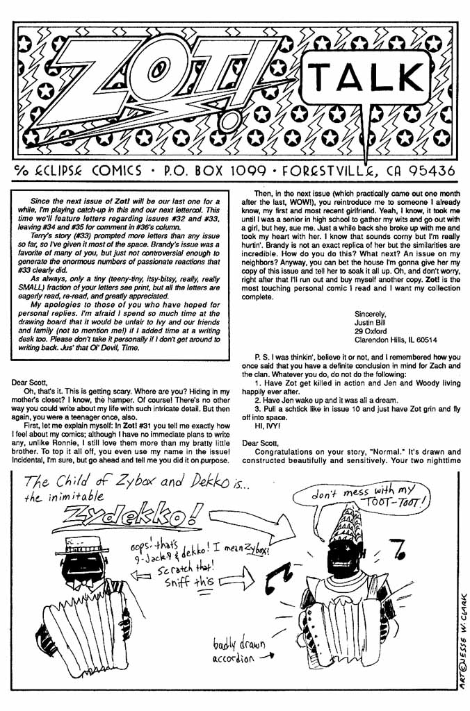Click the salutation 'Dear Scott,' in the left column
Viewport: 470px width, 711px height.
point(33,382)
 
